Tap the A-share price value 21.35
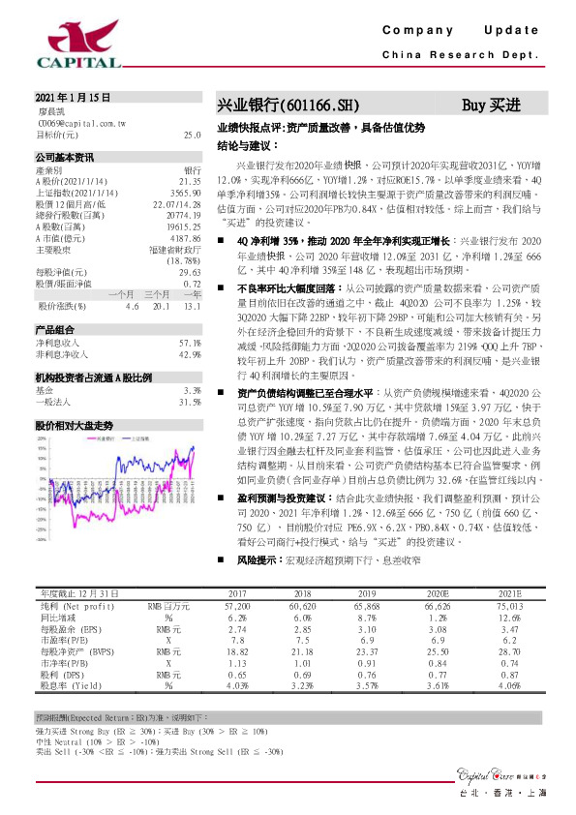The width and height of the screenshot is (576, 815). click(x=190, y=181)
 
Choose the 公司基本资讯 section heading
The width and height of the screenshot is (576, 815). click(x=65, y=157)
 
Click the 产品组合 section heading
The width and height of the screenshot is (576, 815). click(x=54, y=330)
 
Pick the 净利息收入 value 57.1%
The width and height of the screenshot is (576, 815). click(x=190, y=344)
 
